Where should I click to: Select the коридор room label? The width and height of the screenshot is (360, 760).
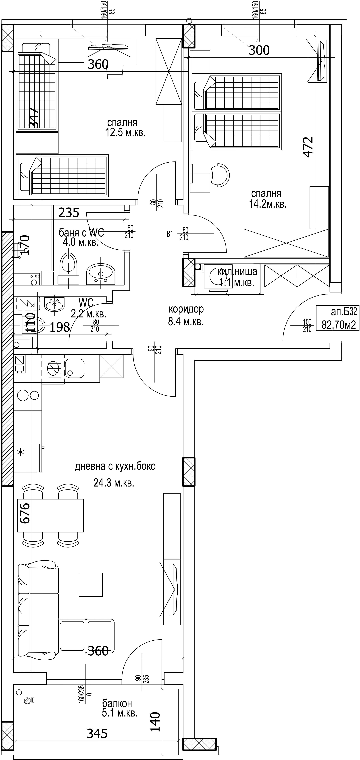pyautogui.click(x=186, y=309)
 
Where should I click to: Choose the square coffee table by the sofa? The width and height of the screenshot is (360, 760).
pyautogui.click(x=91, y=584)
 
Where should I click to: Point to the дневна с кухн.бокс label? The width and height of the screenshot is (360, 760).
pyautogui.click(x=115, y=466)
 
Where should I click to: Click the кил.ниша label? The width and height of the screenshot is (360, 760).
pyautogui.click(x=237, y=271)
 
